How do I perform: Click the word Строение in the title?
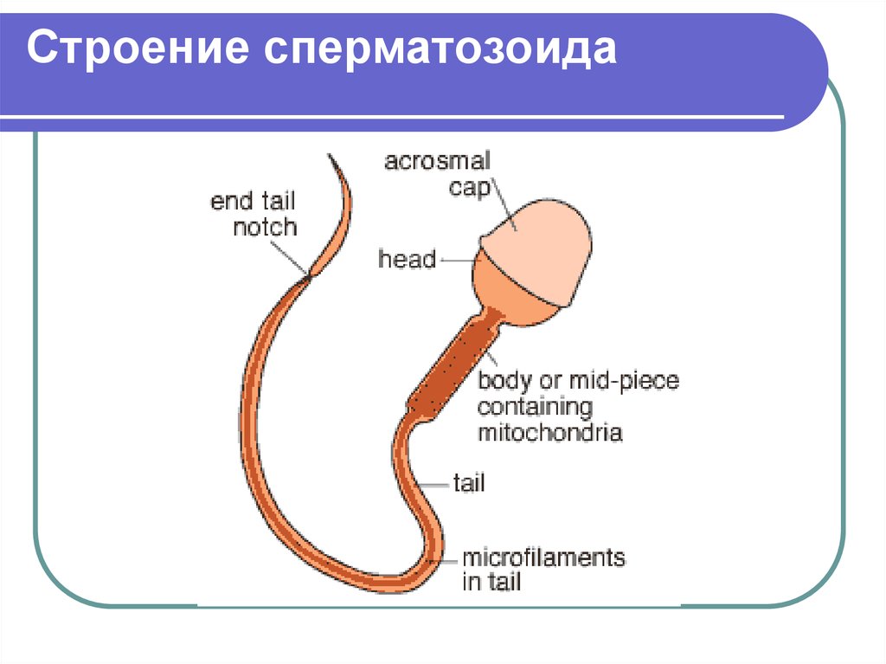coord(138,48)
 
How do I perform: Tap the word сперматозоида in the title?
coord(440,49)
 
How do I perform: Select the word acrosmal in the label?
coord(437,161)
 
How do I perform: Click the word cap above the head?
coord(469,187)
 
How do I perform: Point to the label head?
coord(407,259)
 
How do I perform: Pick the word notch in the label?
coord(265,227)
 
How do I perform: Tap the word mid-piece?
coord(624,381)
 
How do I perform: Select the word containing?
coord(535,407)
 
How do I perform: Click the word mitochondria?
coord(549,433)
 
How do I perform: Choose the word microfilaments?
coord(543,558)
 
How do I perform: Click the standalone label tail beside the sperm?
coord(469,483)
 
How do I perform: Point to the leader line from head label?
coord(457,261)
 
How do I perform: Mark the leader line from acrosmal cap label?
coord(504,205)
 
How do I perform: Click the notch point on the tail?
coord(309,275)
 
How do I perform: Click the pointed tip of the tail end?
coord(329,154)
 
